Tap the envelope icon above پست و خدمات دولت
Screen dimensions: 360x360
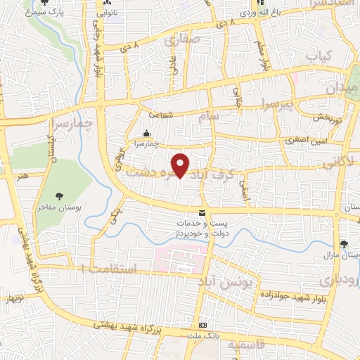click(202, 213)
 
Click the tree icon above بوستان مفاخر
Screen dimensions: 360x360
click(60, 197)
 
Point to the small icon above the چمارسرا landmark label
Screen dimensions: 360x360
click(146, 134)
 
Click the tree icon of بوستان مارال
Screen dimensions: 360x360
click(343, 245)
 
